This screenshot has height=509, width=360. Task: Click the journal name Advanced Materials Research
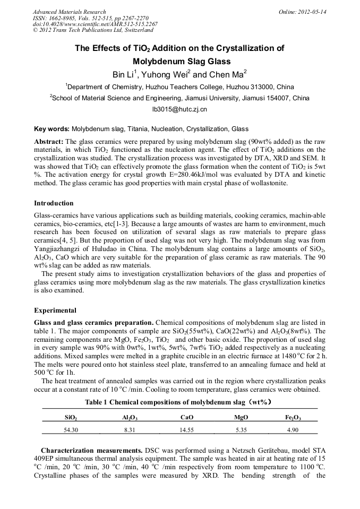[x=69, y=12]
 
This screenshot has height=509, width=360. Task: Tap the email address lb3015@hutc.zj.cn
[x=179, y=109]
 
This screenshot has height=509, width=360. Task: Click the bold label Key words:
[x=52, y=129]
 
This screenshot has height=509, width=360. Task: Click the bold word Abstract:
[x=49, y=142]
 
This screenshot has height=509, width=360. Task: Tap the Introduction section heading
[x=54, y=203]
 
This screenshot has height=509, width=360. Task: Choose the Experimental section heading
[x=55, y=310]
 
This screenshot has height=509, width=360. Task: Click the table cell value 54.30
[x=71, y=428]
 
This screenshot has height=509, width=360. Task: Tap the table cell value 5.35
[x=241, y=428]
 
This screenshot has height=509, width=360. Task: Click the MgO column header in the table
[x=241, y=417]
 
